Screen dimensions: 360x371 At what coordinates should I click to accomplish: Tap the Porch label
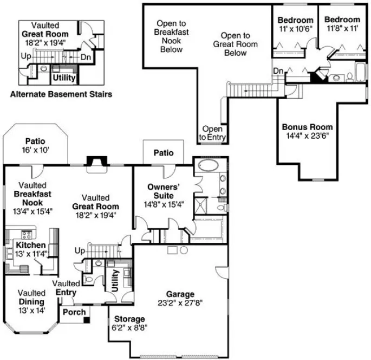point(73,312)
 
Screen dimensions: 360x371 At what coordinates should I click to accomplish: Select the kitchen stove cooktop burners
point(25,235)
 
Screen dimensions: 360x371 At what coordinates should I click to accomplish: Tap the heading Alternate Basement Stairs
point(61,94)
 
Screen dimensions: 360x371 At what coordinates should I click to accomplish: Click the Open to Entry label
point(212,133)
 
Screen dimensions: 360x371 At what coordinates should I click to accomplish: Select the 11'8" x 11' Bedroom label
point(342,24)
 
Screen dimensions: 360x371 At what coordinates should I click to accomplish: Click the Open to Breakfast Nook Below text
point(171,37)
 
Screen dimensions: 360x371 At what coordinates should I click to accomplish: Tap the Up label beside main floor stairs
point(80,250)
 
